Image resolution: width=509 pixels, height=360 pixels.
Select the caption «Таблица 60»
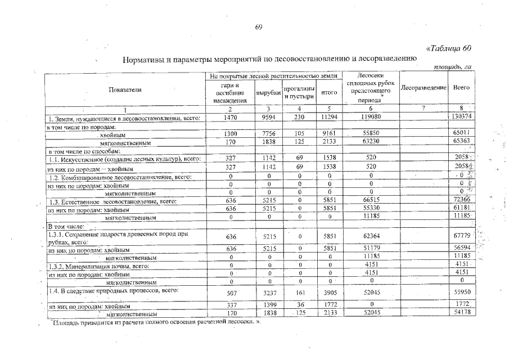click(449, 48)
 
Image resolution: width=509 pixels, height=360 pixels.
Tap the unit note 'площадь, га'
click(453, 67)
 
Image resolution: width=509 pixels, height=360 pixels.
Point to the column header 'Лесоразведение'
click(424, 89)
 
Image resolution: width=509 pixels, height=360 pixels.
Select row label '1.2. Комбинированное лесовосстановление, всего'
click(121, 177)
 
